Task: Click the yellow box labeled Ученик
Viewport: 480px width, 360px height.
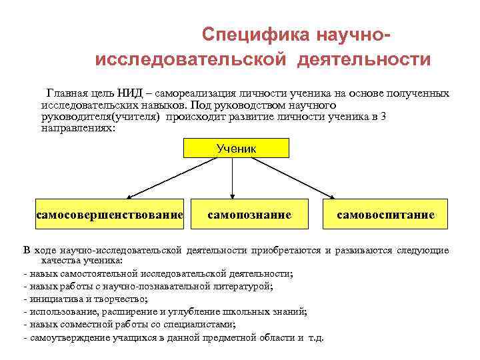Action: point(235,148)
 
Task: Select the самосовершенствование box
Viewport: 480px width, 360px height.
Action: point(109,215)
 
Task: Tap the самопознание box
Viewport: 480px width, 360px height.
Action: point(249,215)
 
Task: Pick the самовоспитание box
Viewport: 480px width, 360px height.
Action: point(385,215)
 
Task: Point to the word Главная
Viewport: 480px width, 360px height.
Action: point(66,93)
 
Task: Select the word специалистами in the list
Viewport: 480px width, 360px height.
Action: point(204,324)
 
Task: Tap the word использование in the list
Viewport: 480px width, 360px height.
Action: point(57,311)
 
